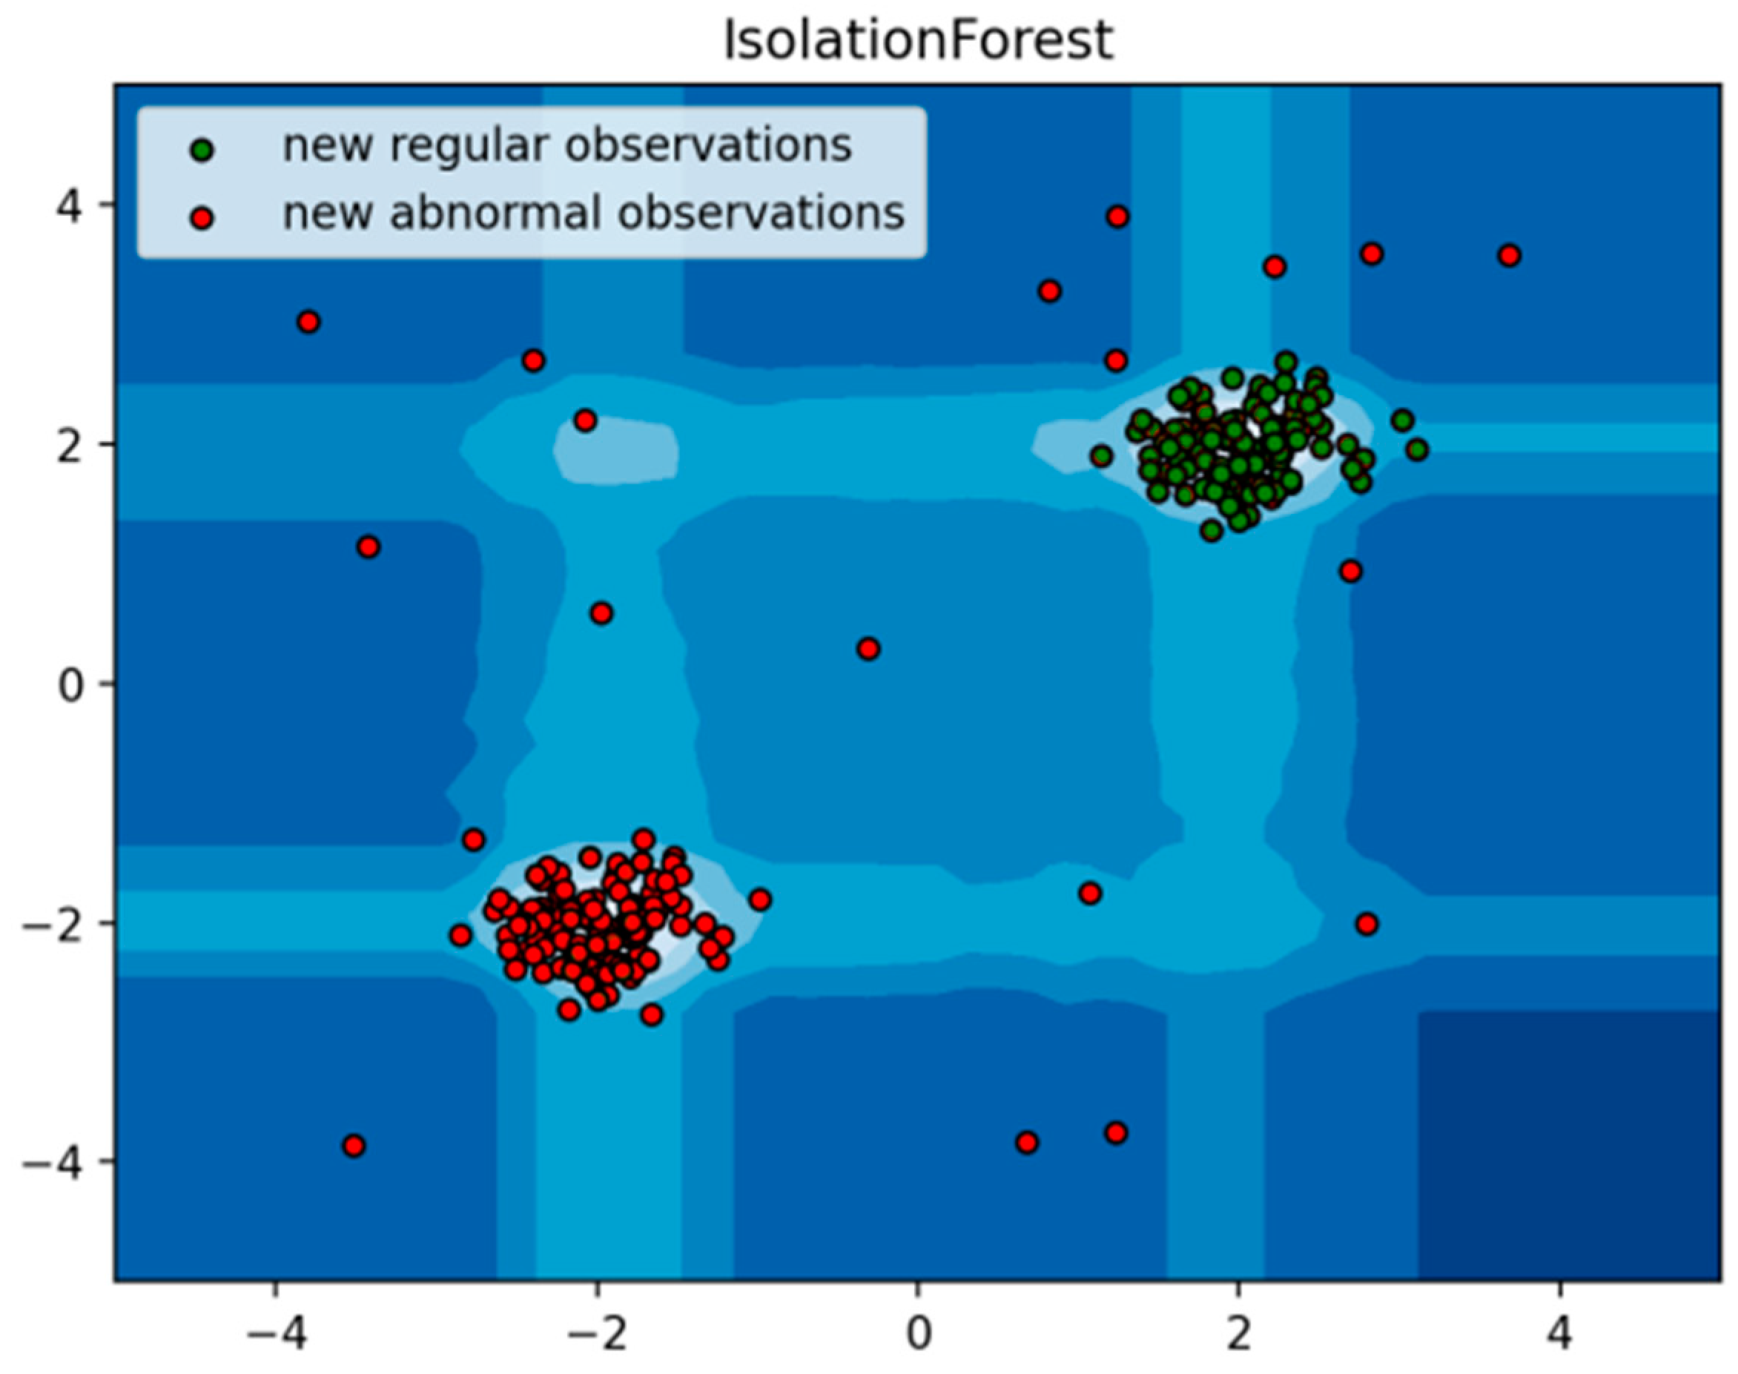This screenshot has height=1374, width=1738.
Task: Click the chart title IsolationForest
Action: pos(918,41)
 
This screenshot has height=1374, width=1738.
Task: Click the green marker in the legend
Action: pos(202,150)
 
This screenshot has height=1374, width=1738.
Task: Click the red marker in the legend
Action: pos(202,218)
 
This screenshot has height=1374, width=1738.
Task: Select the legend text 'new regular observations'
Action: pos(566,145)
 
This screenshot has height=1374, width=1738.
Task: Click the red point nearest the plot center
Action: pos(868,648)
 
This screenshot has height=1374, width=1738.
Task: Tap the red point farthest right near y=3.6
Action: pos(1510,256)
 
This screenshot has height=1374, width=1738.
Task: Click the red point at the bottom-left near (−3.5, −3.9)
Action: pos(354,1146)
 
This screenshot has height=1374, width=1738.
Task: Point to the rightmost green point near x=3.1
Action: pos(1418,449)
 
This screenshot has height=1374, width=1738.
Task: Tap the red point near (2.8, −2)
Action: pos(1367,923)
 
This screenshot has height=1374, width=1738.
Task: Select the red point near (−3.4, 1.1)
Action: pos(369,547)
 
